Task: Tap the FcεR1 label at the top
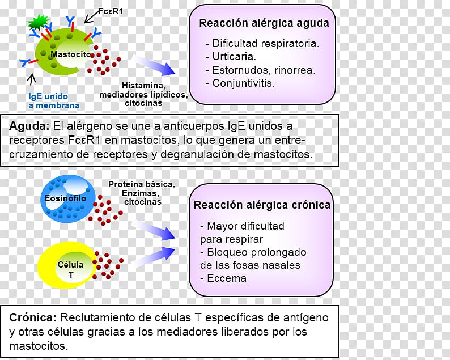click(x=111, y=11)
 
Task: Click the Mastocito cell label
click(x=71, y=54)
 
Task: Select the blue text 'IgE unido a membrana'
click(x=54, y=101)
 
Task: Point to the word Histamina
click(x=143, y=85)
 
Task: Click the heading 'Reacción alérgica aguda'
click(x=264, y=23)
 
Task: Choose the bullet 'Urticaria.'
click(x=231, y=56)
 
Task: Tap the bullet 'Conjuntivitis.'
click(x=240, y=83)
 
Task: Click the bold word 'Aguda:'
click(x=29, y=126)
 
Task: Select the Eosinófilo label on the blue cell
click(x=65, y=198)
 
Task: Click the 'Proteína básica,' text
click(x=142, y=184)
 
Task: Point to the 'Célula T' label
click(x=71, y=269)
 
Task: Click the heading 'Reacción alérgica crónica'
click(x=262, y=205)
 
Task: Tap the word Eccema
click(x=227, y=278)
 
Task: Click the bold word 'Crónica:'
click(x=33, y=317)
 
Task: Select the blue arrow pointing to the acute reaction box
click(x=154, y=65)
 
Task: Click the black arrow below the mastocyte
click(x=32, y=79)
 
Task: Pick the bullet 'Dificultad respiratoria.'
click(x=262, y=43)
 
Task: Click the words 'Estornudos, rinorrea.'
click(x=261, y=70)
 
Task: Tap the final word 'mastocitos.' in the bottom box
click(x=39, y=346)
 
